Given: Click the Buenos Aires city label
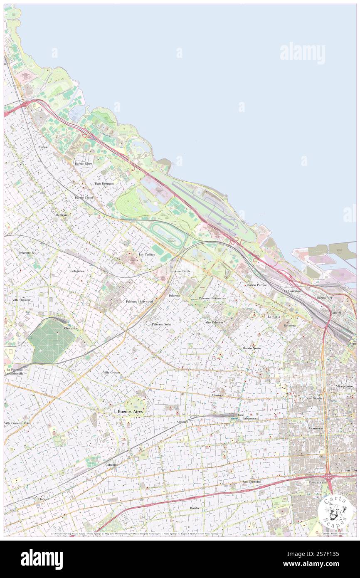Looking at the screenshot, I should coord(130,411).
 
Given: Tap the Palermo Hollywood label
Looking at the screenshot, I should coord(140,301).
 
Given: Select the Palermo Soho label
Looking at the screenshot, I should coord(161,324).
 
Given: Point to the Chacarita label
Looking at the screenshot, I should coord(71,328).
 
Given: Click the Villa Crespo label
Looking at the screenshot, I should coord(111,373).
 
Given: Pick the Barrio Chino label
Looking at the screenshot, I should coord(84,198).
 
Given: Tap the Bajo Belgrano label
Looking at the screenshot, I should coord(104,183).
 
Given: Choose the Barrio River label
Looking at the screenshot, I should coord(84,164).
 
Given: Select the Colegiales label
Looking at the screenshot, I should coord(77,271).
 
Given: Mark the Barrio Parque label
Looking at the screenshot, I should coord(256,285).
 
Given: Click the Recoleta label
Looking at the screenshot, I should coord(289,326).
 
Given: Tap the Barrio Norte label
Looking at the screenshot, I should coord(252,348).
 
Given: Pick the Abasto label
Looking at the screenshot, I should coord(216,395).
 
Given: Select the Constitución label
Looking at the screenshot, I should coord(317,482).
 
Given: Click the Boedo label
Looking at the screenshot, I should coord(194,508).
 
